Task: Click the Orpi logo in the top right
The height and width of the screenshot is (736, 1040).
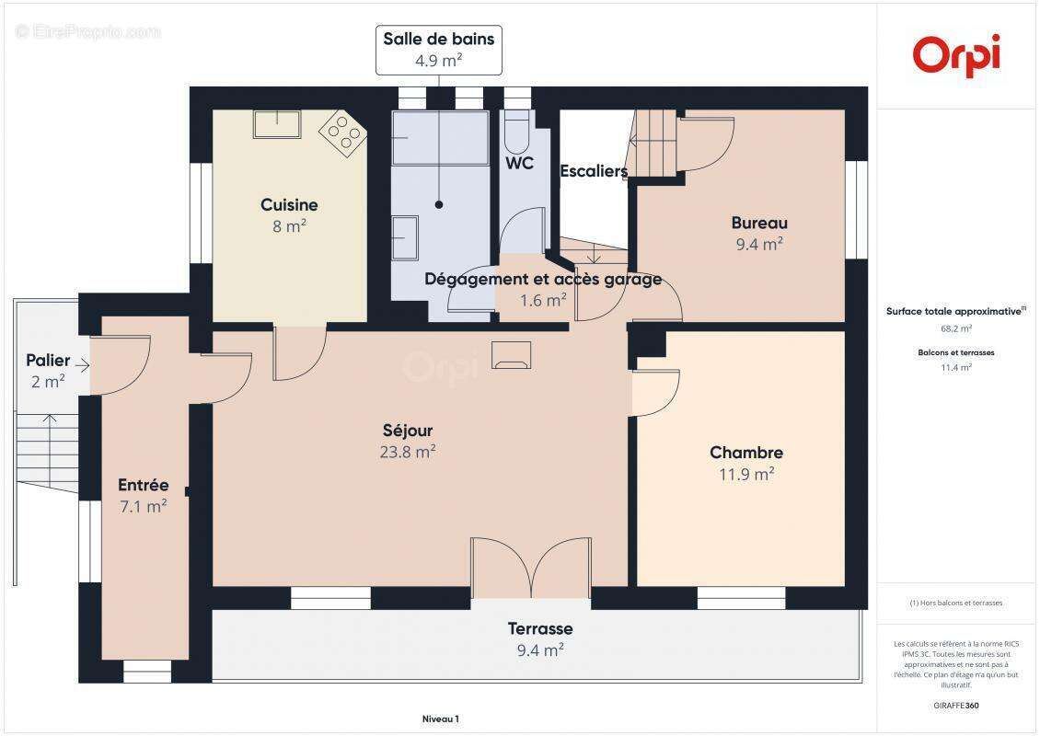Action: pos(956,55)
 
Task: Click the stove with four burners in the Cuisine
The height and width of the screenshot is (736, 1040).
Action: pos(342,134)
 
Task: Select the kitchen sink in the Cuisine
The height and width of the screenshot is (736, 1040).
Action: pos(277,124)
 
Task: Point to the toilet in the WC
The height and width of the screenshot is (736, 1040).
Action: pos(517,133)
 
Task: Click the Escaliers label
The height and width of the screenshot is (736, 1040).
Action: pos(594,171)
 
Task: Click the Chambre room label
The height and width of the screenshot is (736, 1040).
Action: pos(745,453)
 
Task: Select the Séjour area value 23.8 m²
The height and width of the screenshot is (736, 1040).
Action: pos(407,452)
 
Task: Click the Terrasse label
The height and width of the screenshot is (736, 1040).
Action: pos(540,629)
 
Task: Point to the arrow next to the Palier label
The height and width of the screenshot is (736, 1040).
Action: pos(82,366)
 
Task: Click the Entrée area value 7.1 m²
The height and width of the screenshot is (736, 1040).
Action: pos(143,506)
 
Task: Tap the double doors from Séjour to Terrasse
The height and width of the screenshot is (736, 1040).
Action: pos(530,569)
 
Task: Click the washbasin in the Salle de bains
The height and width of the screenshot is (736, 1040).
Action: pos(404,238)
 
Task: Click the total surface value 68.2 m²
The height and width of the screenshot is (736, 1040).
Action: pos(955,328)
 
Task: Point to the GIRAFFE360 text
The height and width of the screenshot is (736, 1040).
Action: pos(955,704)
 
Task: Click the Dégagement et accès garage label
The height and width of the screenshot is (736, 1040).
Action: pos(542,280)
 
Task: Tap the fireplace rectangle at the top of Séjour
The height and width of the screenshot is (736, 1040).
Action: pos(512,354)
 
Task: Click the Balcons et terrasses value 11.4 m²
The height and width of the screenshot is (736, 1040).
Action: pos(955,367)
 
